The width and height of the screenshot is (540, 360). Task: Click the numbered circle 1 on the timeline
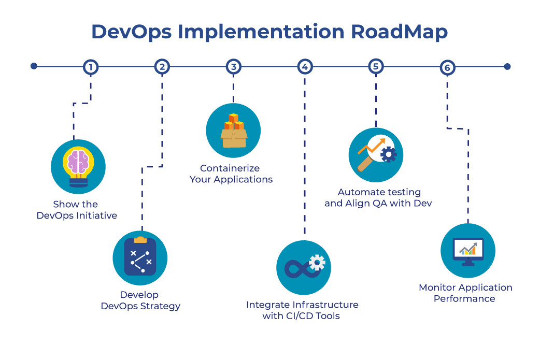click(x=91, y=67)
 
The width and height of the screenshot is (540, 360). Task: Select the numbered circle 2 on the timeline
click(x=162, y=67)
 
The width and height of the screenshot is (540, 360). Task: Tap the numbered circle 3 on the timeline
click(x=234, y=67)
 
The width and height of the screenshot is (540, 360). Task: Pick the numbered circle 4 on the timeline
click(x=305, y=67)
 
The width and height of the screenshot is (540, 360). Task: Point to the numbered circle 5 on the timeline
click(x=376, y=67)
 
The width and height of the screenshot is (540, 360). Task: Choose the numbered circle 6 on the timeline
click(x=447, y=67)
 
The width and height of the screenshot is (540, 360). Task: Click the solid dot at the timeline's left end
click(x=34, y=66)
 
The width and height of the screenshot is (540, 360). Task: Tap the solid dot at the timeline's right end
click(x=507, y=66)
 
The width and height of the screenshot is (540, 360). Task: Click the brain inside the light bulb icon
click(x=78, y=162)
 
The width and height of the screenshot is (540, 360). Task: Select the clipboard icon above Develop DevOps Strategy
click(x=140, y=256)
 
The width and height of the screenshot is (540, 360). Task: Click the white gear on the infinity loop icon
click(x=317, y=263)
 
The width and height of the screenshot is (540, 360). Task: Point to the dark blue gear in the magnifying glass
click(x=389, y=154)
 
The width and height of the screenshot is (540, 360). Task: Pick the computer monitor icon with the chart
click(x=468, y=252)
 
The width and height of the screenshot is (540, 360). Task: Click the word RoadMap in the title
click(x=399, y=32)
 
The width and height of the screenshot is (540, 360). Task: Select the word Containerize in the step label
click(x=230, y=168)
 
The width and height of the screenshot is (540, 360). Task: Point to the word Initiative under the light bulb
click(x=96, y=215)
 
